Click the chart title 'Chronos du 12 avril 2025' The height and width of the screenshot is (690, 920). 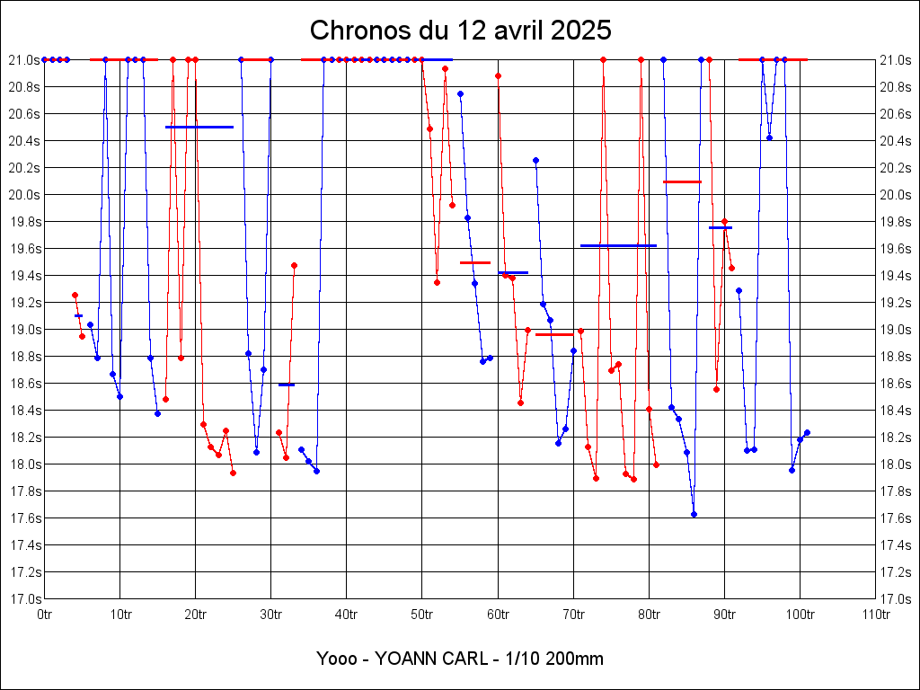(x=460, y=31)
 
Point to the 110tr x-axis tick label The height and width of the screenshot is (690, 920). (x=875, y=615)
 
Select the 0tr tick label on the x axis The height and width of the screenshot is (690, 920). (x=45, y=615)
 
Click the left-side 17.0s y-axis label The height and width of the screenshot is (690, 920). (x=24, y=598)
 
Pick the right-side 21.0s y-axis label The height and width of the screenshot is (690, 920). (x=896, y=59)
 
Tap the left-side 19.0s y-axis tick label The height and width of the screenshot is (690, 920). (x=24, y=329)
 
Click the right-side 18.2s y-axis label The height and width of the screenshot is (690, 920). (x=896, y=437)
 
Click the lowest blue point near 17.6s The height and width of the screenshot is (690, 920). (x=694, y=514)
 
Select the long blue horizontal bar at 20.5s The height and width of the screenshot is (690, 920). (x=199, y=127)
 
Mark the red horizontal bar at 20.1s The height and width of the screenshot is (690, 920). (x=682, y=181)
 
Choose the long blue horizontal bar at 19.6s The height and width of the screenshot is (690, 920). (x=618, y=245)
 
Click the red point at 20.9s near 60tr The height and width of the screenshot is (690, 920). (x=498, y=75)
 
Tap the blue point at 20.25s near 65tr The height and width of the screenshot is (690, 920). (x=535, y=160)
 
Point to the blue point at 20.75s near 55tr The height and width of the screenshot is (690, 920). (x=460, y=93)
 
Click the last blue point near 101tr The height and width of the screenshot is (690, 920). (x=807, y=432)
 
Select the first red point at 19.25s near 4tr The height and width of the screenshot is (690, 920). (x=75, y=295)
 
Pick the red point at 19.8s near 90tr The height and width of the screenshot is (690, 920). (x=724, y=221)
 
